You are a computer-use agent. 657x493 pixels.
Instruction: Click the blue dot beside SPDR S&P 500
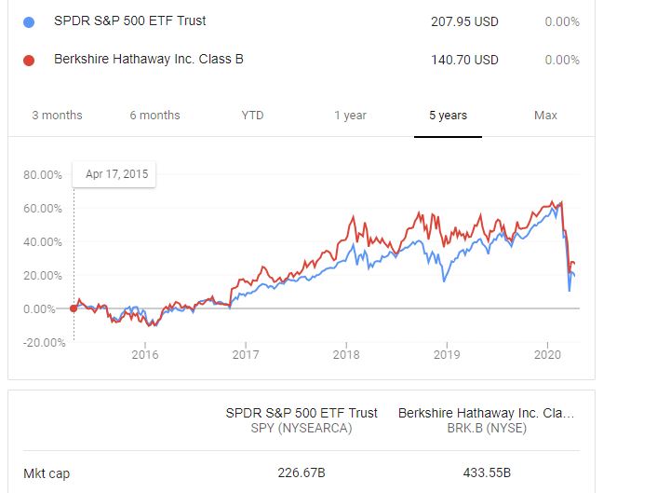pos(29,21)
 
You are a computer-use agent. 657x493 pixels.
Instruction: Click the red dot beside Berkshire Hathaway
pos(29,61)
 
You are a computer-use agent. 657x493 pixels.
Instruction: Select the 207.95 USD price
pos(464,21)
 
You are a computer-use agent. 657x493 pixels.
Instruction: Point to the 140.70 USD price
pos(464,61)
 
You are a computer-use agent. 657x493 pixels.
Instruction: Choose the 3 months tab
pos(57,116)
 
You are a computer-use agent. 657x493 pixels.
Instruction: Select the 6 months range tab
pos(154,116)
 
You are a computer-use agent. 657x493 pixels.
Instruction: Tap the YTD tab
pos(252,116)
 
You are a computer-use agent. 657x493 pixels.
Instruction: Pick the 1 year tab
pos(350,116)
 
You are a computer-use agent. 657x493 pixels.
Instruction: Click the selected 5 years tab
pos(448,116)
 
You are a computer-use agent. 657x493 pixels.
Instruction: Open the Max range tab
pos(545,116)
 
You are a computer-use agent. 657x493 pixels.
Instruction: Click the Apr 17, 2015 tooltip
pos(116,173)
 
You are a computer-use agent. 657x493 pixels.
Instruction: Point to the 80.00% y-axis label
pos(42,175)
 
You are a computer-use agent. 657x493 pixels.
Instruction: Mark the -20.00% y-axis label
pos(42,343)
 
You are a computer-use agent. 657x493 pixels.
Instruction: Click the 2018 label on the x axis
pos(346,354)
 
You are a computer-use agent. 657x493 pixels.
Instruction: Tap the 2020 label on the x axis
pos(547,354)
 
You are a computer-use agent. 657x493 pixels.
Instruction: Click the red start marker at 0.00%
pos(74,308)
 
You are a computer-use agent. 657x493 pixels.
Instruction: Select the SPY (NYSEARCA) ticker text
pos(302,428)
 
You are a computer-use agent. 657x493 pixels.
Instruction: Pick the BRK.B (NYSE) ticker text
pos(486,428)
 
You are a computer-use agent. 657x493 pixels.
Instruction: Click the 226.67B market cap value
pos(302,473)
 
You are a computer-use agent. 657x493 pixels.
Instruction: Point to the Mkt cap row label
pos(47,473)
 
